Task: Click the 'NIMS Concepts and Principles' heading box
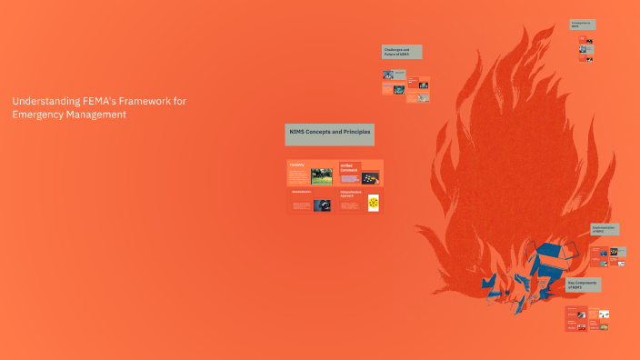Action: pos(329,135)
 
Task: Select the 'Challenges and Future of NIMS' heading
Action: pos(401,52)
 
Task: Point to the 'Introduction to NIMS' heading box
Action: pos(582,24)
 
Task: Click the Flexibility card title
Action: pos(296,165)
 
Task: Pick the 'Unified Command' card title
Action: pos(349,167)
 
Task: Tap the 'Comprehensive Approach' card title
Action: pos(352,195)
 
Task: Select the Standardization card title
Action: pos(302,193)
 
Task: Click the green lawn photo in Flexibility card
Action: pos(321,175)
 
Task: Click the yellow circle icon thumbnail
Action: pos(372,205)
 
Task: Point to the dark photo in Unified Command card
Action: pos(370,177)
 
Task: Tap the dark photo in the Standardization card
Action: pos(322,205)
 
